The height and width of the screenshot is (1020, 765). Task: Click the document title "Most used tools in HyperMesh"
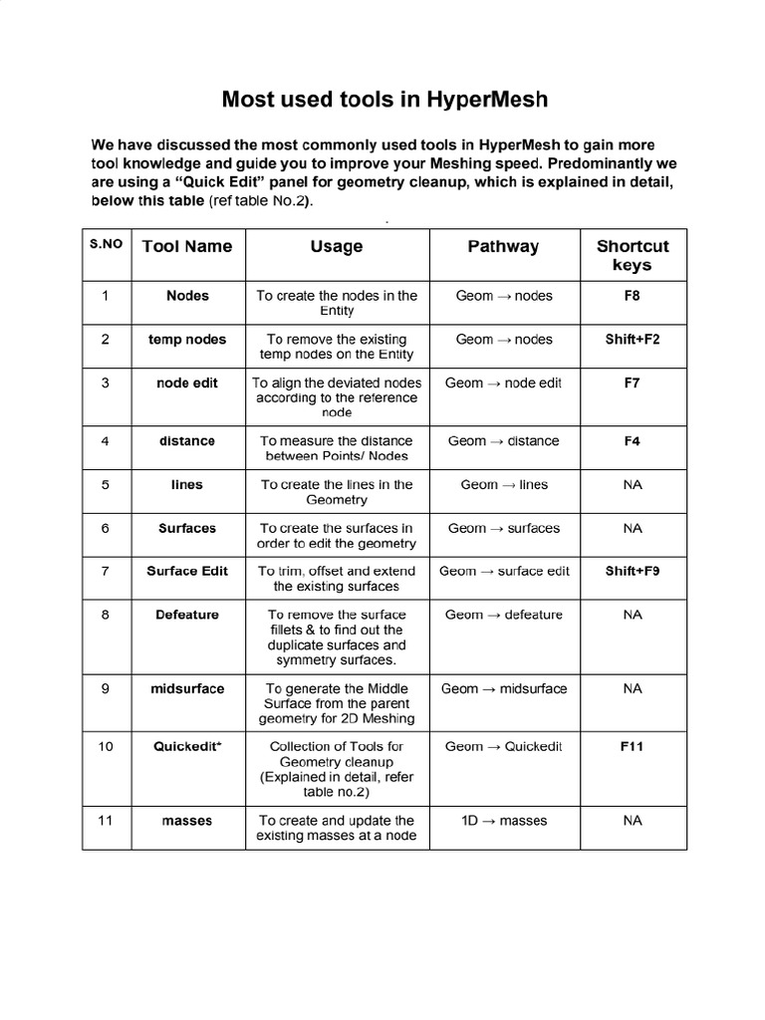coord(383,100)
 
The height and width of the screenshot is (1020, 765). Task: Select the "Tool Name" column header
coord(186,246)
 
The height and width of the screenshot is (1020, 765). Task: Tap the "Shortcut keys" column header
coord(633,255)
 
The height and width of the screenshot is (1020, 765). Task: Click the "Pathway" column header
coord(503,246)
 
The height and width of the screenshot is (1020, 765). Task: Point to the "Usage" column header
coord(337,246)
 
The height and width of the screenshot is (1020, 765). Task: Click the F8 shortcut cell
coord(633,296)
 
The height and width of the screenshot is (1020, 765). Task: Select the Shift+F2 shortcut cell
coord(633,340)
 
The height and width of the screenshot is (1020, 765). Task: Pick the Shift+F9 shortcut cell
coord(633,572)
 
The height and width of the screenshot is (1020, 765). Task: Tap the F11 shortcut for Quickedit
coord(633,746)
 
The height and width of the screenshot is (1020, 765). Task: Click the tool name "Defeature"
coord(186,615)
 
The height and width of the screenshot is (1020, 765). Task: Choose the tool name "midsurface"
coord(186,688)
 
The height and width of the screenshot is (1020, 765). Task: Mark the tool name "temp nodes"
coord(186,340)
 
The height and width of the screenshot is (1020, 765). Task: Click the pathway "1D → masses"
coord(503,821)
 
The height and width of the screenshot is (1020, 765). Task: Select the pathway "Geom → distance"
coord(503,441)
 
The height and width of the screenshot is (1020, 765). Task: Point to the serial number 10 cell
coord(107,746)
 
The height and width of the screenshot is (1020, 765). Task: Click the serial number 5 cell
coord(107,485)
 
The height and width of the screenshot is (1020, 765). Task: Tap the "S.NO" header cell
coord(107,243)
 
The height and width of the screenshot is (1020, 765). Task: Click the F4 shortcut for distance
coord(633,441)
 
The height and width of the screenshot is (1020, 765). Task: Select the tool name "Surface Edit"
coord(186,572)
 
